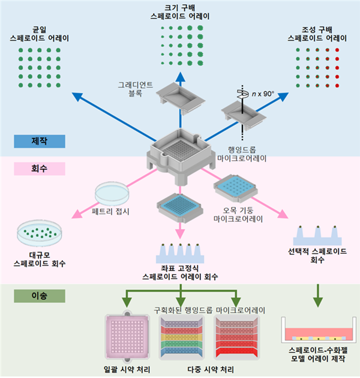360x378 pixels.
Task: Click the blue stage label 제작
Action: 39,142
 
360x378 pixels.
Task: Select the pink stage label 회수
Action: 39,169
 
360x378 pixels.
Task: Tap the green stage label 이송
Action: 39,296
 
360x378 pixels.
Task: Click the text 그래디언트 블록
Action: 133,89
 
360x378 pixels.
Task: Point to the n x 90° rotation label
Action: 262,94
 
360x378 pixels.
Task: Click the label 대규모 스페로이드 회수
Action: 40,259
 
